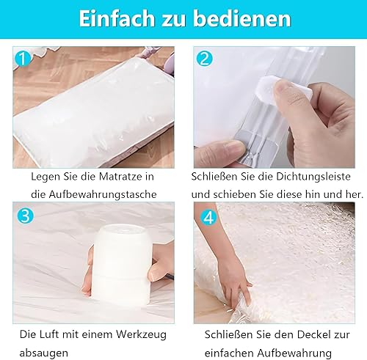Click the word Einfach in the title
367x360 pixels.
coord(117,18)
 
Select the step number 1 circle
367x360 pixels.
coord(23,59)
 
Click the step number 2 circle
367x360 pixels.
coord(204,59)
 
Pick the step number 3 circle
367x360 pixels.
coord(25,216)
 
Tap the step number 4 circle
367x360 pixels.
coord(208,218)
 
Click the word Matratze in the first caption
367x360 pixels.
coord(117,177)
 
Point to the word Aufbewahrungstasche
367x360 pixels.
coord(103,194)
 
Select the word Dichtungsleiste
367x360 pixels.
coord(313,177)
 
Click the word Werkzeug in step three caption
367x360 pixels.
coord(141,334)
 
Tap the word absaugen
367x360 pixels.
coord(44,353)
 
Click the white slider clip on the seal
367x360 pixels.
coord(285,90)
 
